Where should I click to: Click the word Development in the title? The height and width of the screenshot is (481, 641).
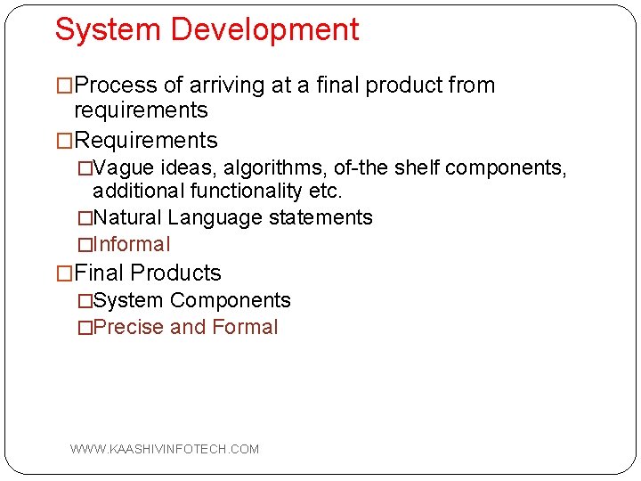pos(264,30)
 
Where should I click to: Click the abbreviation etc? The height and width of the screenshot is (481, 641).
pos(325,191)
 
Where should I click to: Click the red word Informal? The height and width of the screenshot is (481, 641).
pos(131,244)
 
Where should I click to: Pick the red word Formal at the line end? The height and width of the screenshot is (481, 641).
pos(245,327)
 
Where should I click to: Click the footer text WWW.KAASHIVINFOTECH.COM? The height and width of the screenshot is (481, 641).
pos(165,449)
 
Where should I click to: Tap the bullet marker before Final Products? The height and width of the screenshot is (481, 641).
pos(64,273)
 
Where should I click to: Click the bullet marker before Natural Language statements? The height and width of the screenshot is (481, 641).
pos(85,218)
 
